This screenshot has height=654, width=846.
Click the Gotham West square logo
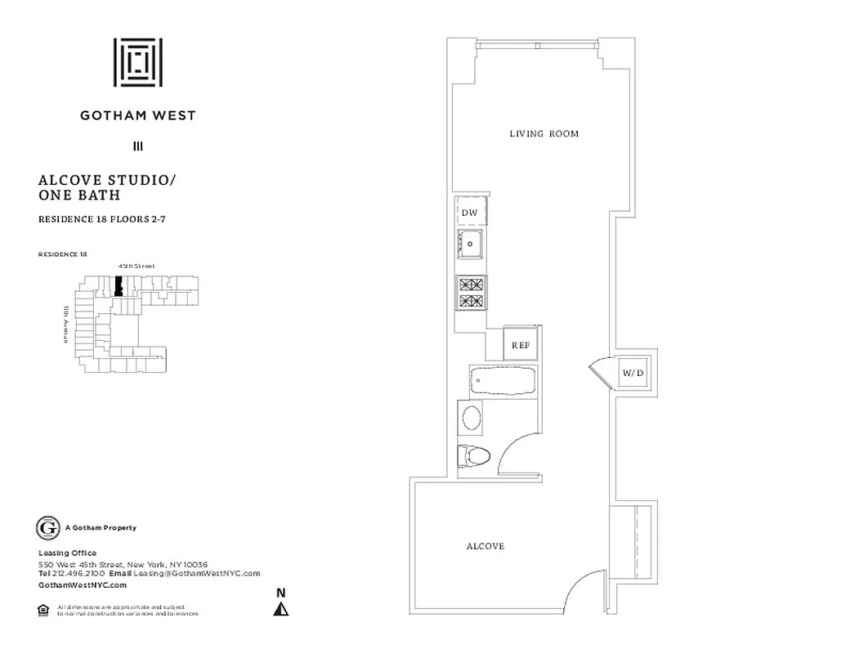click(x=137, y=62)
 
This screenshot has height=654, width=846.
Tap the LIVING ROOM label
click(x=544, y=133)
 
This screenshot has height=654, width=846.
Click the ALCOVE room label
click(x=485, y=546)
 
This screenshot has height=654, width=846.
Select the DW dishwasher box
click(x=470, y=213)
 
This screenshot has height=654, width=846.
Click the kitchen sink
click(x=472, y=243)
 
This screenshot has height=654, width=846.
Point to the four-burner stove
click(x=472, y=293)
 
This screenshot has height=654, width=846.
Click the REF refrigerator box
click(x=520, y=345)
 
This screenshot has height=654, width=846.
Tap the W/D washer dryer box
click(x=633, y=374)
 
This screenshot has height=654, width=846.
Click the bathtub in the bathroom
click(x=503, y=381)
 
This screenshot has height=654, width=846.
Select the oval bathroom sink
click(x=472, y=419)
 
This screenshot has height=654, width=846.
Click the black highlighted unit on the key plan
click(x=119, y=287)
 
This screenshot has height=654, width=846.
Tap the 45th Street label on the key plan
click(x=137, y=266)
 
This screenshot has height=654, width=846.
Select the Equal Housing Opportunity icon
click(x=43, y=609)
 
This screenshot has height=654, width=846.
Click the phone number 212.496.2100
click(x=70, y=574)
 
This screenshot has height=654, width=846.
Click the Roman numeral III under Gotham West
click(x=138, y=147)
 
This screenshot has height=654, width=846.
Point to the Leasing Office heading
click(x=67, y=553)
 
